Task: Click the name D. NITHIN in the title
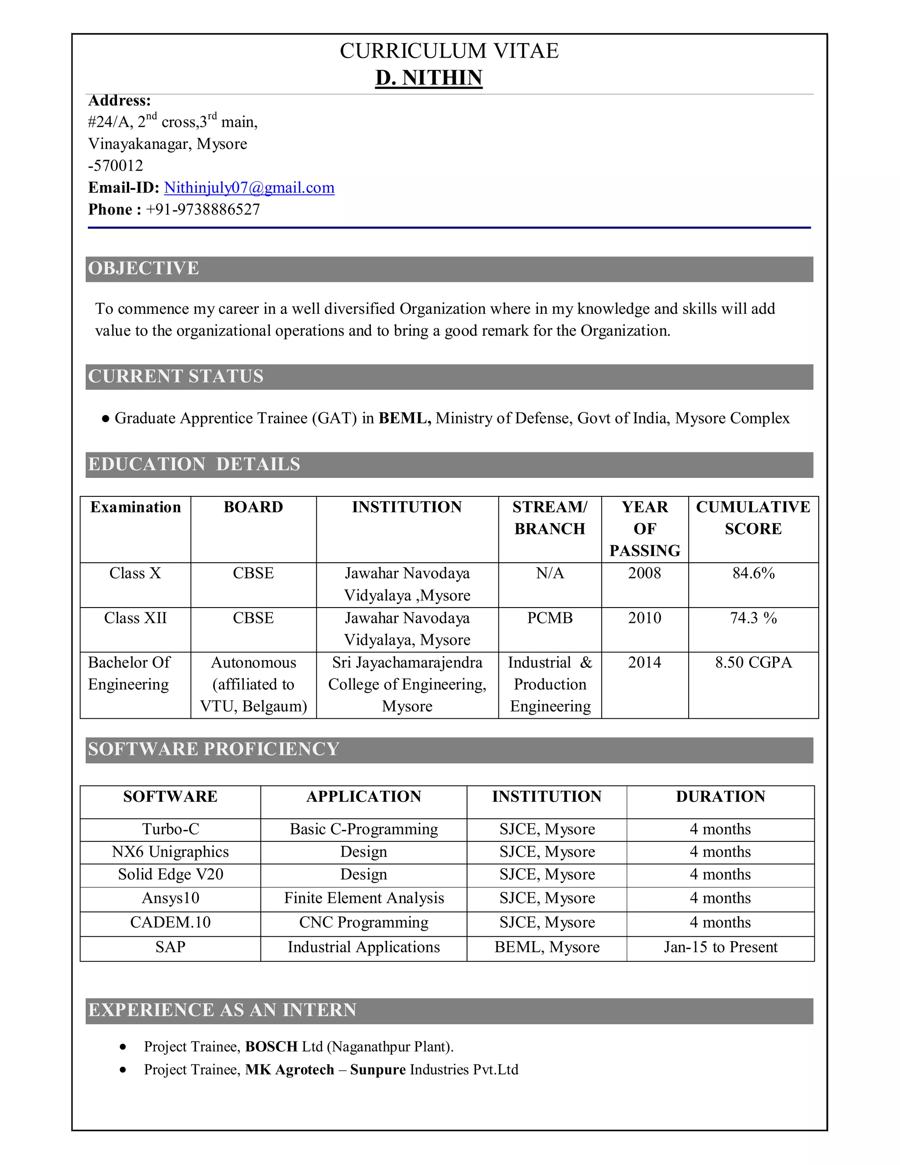point(428,78)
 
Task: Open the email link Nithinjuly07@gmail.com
point(249,188)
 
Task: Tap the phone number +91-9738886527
point(203,210)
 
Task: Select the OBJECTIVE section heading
point(143,268)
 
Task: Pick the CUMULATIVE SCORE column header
point(753,517)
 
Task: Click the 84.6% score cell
point(753,573)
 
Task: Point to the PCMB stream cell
point(550,618)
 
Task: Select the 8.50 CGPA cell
point(753,663)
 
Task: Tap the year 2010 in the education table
point(645,618)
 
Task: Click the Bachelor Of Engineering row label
point(129,673)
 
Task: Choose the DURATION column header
point(720,797)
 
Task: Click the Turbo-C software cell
point(171,829)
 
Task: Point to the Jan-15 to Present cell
point(720,947)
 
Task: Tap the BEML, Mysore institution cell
point(547,947)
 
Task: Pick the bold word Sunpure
point(378,1070)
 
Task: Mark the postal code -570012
point(116,166)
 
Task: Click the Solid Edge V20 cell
point(171,874)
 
